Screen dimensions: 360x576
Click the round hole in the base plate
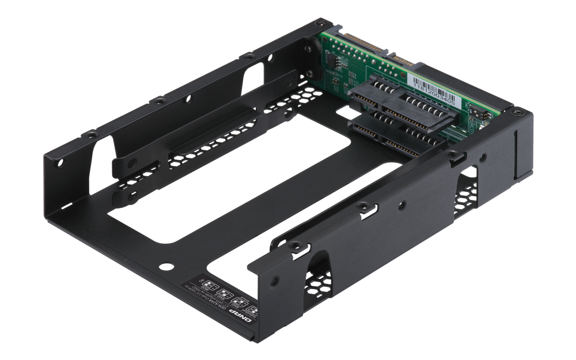click(x=166, y=267)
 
